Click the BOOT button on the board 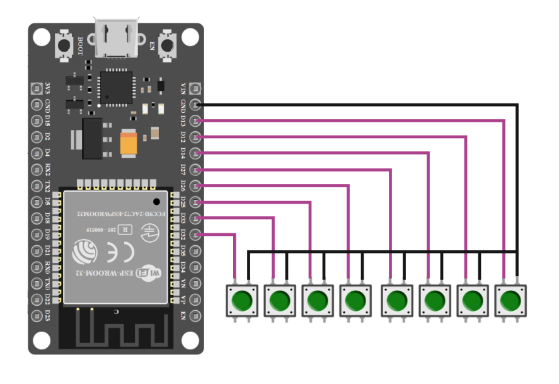(x=64, y=45)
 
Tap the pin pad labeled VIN (x=197, y=88)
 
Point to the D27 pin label (x=183, y=169)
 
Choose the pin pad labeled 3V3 (x=36, y=88)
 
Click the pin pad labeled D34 (x=197, y=267)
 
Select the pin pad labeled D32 (x=197, y=235)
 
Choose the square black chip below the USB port (x=117, y=86)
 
